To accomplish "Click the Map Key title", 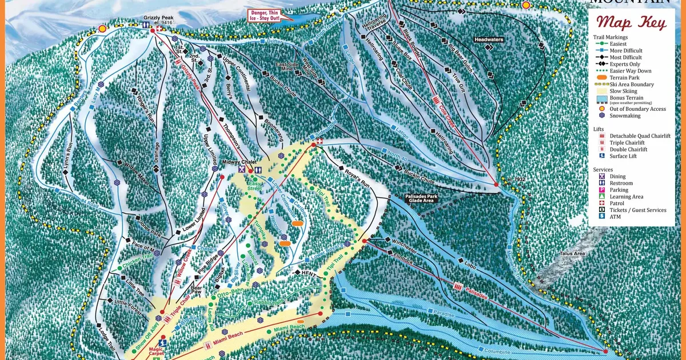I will point(631,23).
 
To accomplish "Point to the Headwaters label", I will point(488,39).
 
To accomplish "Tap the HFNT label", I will point(309,273).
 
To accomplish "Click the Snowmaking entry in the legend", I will point(623,115).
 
